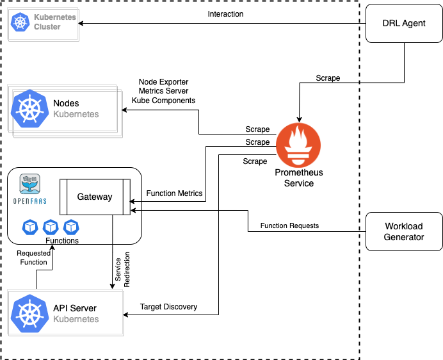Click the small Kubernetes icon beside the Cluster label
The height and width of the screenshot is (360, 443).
tap(20, 22)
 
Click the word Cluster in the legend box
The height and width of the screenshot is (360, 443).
tap(47, 28)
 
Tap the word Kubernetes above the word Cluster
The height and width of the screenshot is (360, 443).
tap(54, 17)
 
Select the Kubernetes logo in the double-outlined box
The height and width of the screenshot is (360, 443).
tap(29, 109)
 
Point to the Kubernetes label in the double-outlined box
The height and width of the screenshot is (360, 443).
tap(76, 114)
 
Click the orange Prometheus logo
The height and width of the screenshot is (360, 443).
tap(298, 145)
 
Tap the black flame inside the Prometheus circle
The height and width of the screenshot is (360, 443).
tap(298, 138)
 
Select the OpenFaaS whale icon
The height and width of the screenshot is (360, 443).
tap(29, 184)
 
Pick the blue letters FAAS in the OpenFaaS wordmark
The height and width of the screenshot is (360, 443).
tap(40, 201)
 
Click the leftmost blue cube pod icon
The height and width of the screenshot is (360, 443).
tap(30, 227)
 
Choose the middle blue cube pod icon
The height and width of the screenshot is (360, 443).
tap(51, 227)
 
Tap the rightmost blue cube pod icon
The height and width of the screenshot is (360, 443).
tap(71, 227)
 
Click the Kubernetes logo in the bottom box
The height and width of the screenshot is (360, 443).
tap(29, 314)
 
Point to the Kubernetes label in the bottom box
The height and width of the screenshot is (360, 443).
tap(76, 319)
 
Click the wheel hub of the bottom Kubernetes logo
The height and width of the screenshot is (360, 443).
tap(29, 314)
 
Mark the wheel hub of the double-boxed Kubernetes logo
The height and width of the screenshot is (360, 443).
tap(29, 109)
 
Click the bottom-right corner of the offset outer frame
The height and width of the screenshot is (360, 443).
tap(121, 136)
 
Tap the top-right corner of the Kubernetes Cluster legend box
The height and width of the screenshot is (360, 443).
tap(77, 8)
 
